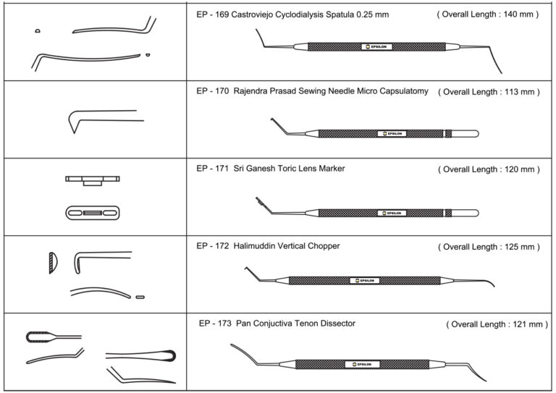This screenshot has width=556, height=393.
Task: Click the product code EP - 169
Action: [x=213, y=14]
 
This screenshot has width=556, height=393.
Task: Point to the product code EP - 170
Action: [x=213, y=92]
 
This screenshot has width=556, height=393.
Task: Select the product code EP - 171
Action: [x=213, y=169]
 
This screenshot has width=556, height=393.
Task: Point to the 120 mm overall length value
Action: [x=520, y=169]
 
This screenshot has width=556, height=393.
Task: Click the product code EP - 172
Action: [x=213, y=246]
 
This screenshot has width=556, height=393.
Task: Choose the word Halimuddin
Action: [x=260, y=246]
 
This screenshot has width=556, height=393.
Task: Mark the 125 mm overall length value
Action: [x=520, y=247]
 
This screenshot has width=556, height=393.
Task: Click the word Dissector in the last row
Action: [x=337, y=323]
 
